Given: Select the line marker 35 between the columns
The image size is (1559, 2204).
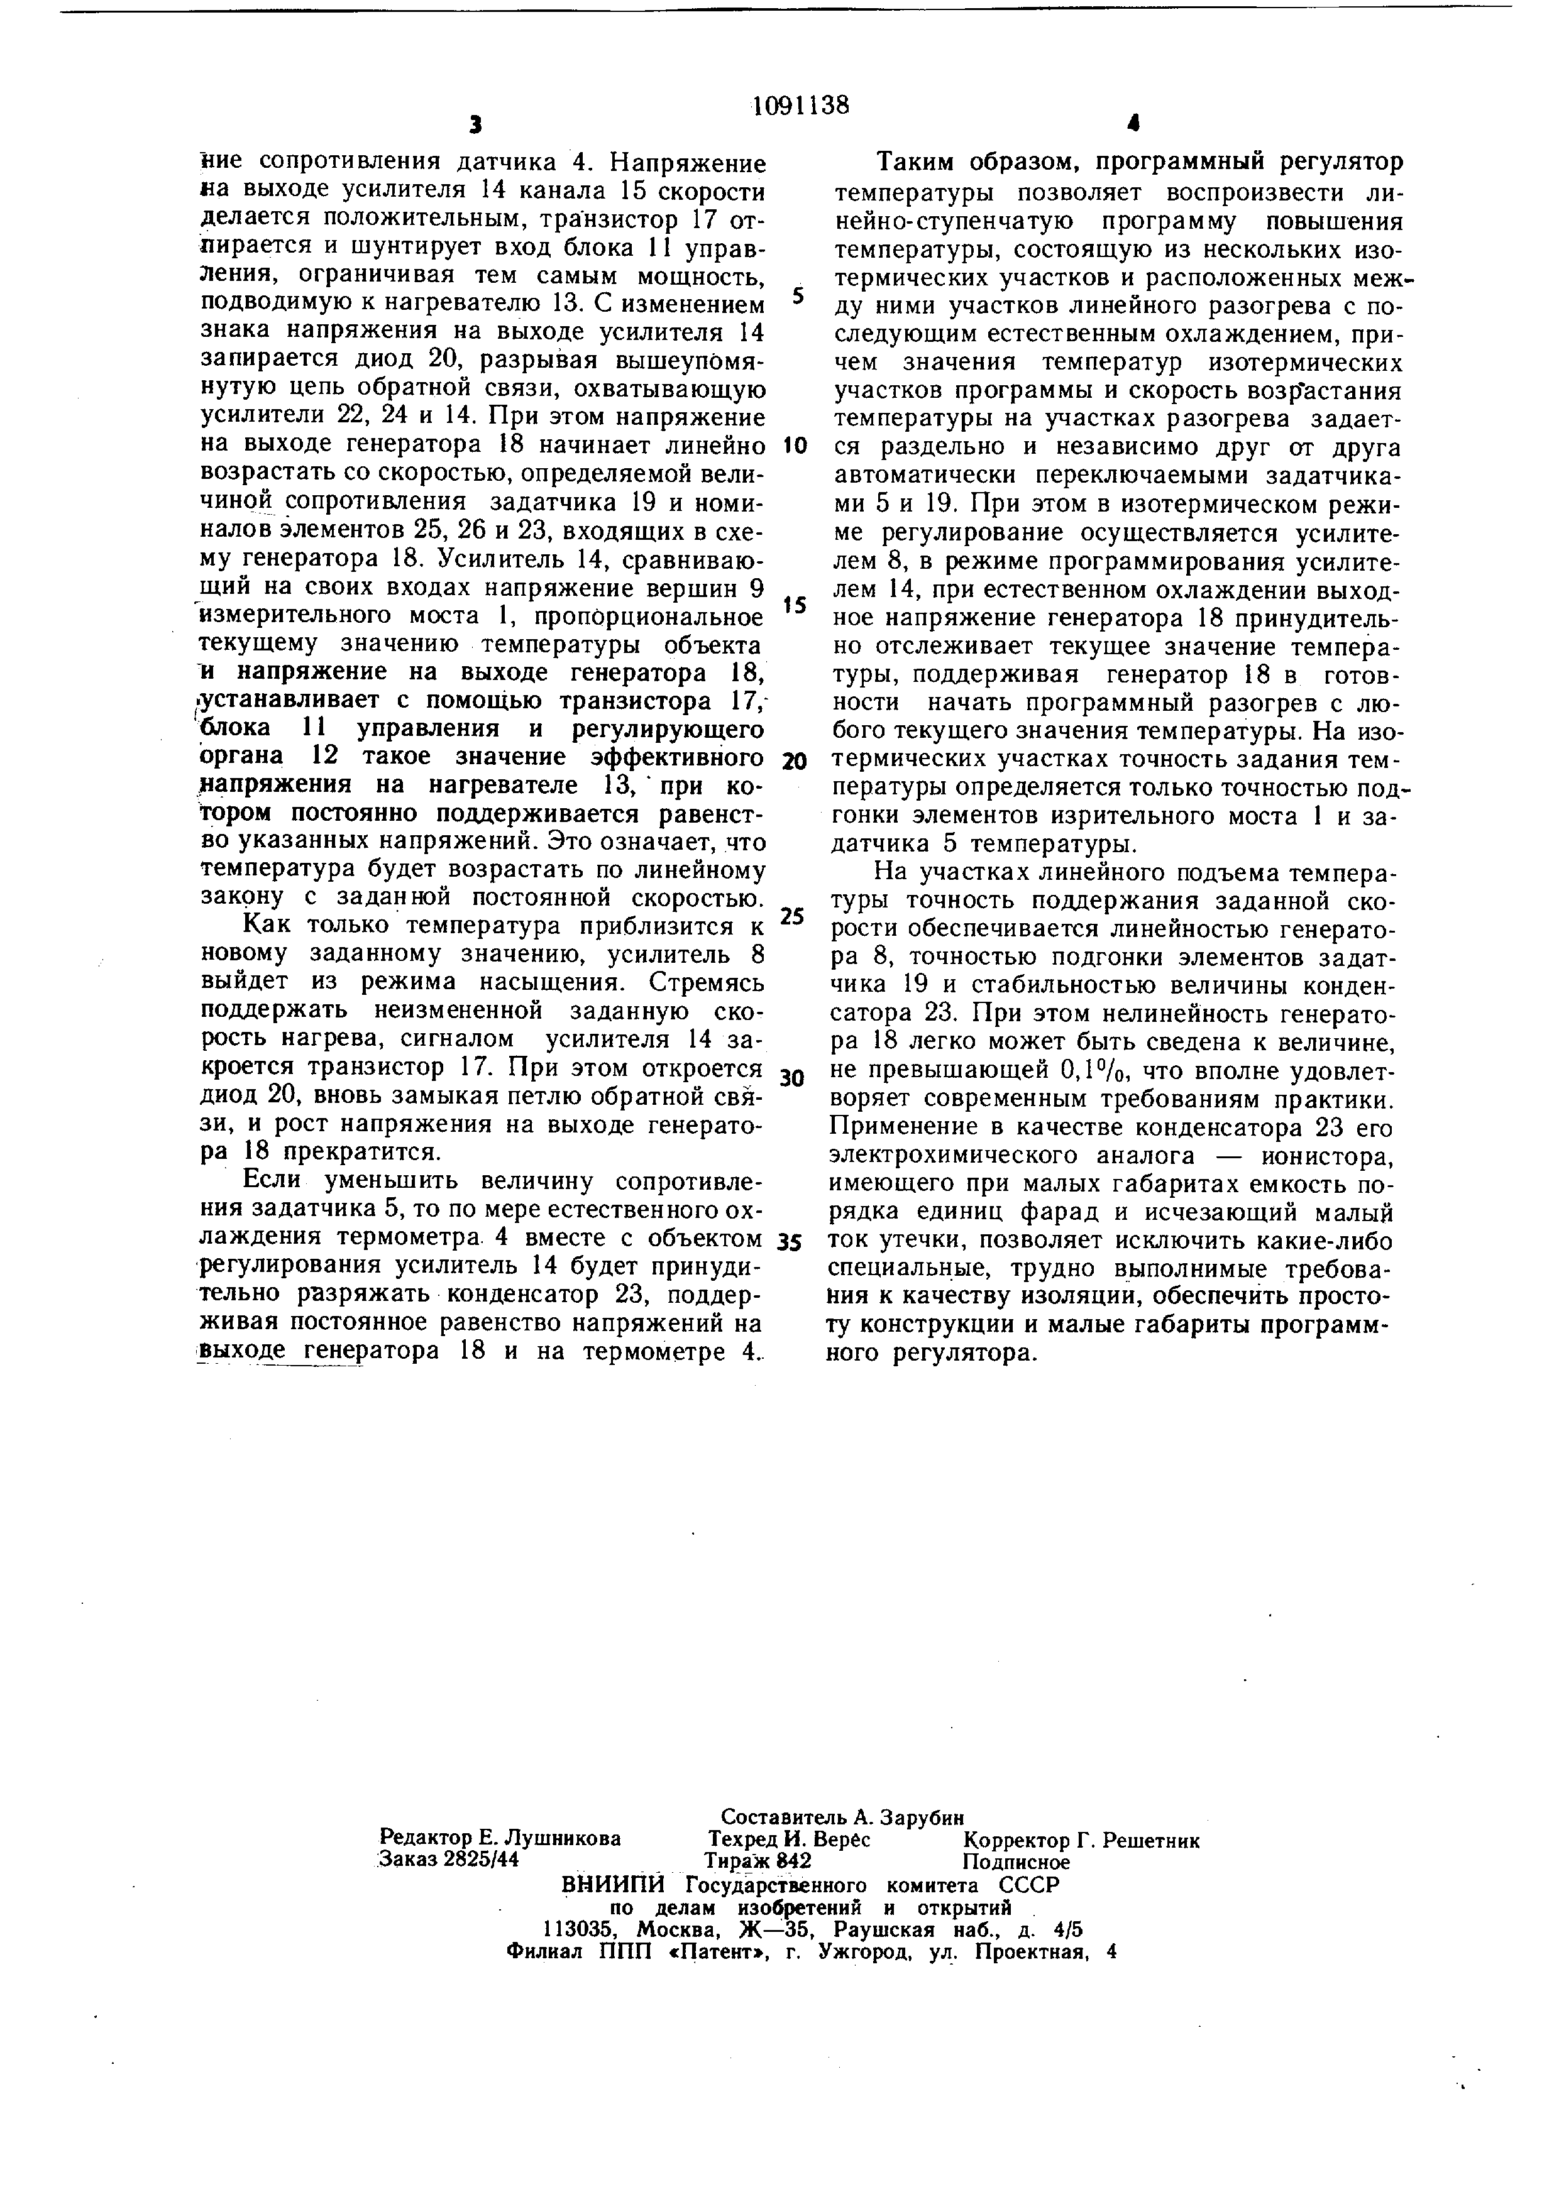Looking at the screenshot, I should [790, 1243].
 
